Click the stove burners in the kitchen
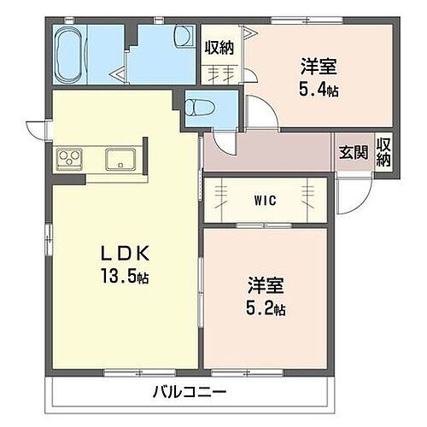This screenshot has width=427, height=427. [68, 158]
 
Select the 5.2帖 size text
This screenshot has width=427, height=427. [265, 307]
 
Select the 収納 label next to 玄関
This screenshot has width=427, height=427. [384, 153]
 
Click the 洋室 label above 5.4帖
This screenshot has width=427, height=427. [316, 65]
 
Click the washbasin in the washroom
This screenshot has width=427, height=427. [182, 37]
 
